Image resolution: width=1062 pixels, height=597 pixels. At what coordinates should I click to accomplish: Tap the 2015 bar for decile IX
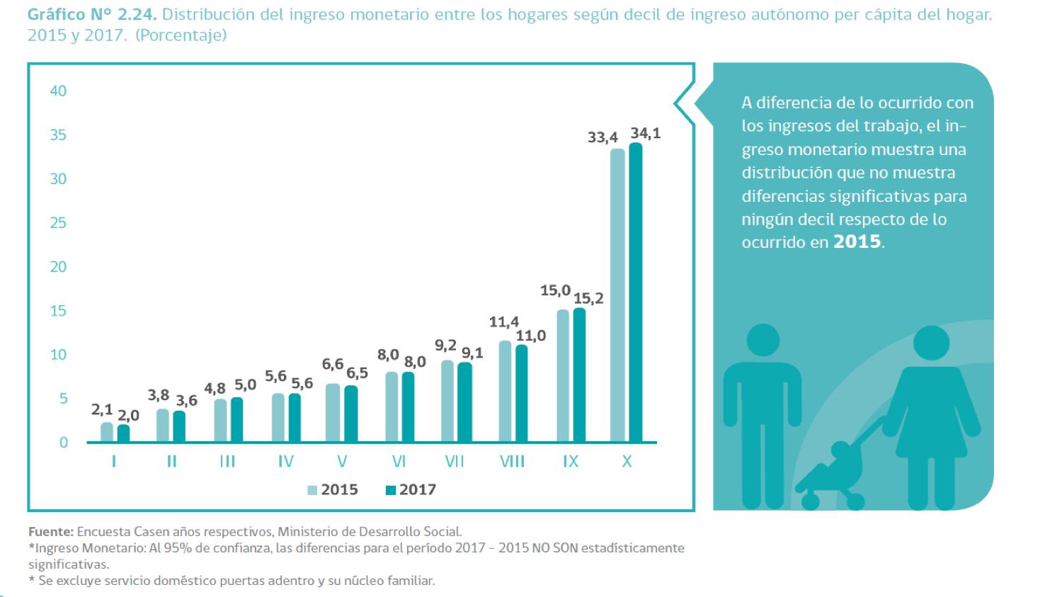click(x=563, y=376)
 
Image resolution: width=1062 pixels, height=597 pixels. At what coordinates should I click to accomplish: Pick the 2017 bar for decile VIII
click(x=522, y=394)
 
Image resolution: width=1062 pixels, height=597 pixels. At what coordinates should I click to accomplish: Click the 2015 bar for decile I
click(x=107, y=432)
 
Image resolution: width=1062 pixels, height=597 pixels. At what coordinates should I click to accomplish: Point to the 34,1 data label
click(x=645, y=133)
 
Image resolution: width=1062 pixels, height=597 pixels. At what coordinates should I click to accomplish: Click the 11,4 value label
click(x=503, y=322)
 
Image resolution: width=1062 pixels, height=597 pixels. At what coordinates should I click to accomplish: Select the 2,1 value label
click(x=102, y=409)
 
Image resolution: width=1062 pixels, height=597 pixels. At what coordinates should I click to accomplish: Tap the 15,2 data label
click(x=588, y=298)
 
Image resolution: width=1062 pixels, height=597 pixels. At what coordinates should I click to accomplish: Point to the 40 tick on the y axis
click(x=58, y=91)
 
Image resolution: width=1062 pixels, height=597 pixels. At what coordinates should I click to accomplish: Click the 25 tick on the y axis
click(x=58, y=223)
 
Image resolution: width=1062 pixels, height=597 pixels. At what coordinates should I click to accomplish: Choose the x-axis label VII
click(x=454, y=462)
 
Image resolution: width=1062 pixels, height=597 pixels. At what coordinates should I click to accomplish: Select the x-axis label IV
click(x=285, y=462)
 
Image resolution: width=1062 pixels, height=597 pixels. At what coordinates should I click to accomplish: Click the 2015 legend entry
click(x=333, y=490)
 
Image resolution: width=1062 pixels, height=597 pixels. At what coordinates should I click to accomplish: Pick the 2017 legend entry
click(x=411, y=490)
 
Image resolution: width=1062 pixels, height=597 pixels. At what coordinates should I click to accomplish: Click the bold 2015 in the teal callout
click(x=857, y=241)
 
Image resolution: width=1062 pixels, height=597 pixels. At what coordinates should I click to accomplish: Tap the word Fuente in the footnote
click(x=50, y=531)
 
